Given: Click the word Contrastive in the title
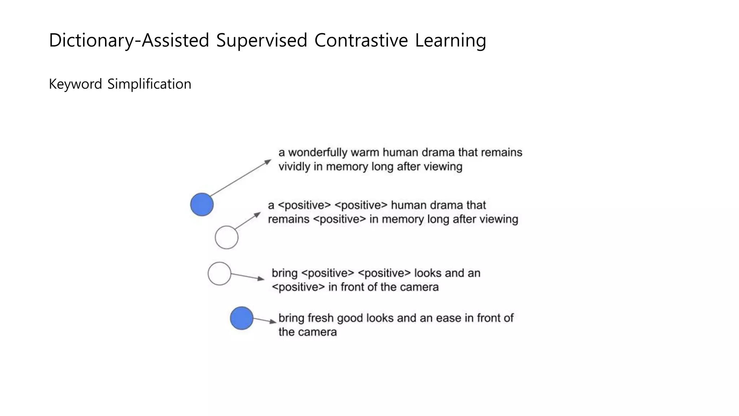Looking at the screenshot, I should [x=361, y=40].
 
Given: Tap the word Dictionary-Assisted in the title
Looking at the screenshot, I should [x=129, y=40].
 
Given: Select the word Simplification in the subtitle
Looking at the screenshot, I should [x=149, y=84].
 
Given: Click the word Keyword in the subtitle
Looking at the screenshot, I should [x=75, y=84].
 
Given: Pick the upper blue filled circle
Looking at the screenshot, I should [x=202, y=204].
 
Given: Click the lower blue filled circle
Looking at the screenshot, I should [x=241, y=318].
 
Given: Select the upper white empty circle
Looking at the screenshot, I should [x=227, y=237].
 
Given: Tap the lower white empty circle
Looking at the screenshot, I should [x=219, y=274].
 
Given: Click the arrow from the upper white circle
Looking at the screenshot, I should [x=248, y=221].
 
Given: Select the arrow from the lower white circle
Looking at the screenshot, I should [x=248, y=277].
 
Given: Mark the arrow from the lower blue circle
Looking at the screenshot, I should [x=264, y=320].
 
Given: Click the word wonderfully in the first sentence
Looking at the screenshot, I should [x=318, y=152].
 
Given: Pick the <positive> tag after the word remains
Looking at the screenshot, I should [x=339, y=219].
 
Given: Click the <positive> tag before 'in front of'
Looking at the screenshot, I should [x=298, y=287].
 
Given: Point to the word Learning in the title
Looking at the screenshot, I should [x=450, y=40].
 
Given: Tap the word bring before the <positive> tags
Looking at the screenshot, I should [x=284, y=273].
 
